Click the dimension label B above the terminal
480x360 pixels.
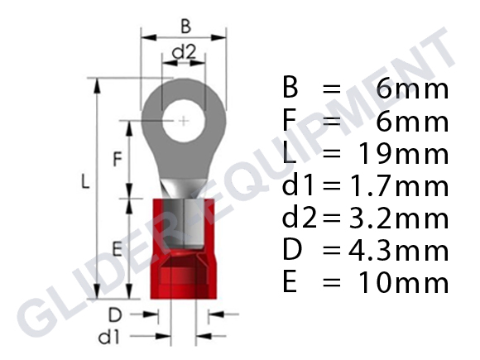pyautogui.click(x=184, y=26)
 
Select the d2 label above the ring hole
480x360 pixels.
pyautogui.click(x=183, y=52)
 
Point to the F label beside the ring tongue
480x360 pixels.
pyautogui.click(x=118, y=156)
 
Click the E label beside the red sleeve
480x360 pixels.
pyautogui.click(x=117, y=247)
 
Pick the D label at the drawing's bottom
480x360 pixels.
pyautogui.click(x=118, y=314)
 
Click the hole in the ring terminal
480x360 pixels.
pyautogui.click(x=182, y=122)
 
